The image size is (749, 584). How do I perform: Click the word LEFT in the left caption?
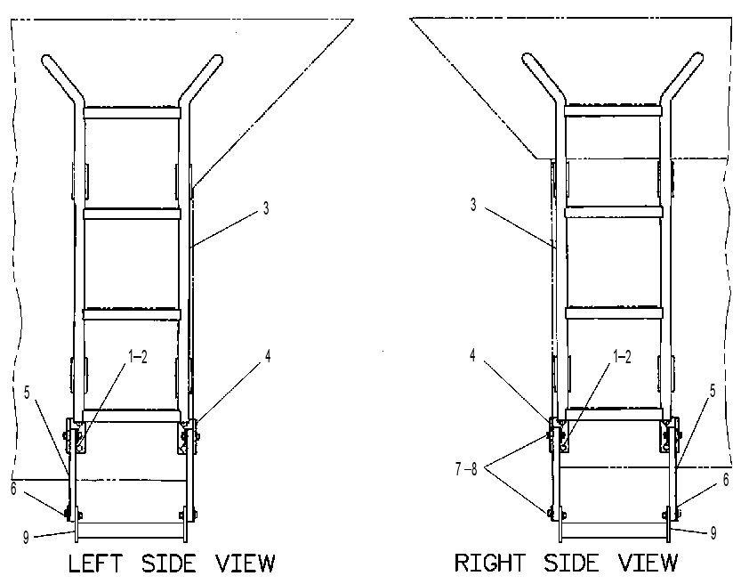coord(95,564)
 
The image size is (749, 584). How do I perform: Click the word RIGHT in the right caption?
coord(489,563)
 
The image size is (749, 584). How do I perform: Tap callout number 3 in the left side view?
coord(266,208)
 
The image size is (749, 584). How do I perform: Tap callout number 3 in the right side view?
coord(473,205)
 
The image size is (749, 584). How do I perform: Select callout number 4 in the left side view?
coord(268,356)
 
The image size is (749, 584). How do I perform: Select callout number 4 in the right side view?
coord(472,355)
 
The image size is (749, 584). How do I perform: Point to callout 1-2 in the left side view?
coord(138,356)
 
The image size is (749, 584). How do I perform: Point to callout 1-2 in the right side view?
coord(622,356)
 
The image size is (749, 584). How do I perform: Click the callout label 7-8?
coord(466,469)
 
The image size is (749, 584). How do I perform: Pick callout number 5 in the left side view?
coord(27,393)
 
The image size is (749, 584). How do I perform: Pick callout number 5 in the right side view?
coord(713,391)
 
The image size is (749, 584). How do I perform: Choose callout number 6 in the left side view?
coord(13,489)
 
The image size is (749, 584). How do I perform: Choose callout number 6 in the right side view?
coord(726,479)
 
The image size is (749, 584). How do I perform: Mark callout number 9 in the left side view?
coord(26,538)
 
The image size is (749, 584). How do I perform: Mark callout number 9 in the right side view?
coord(713,533)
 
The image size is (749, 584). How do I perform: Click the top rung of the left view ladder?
coord(132,113)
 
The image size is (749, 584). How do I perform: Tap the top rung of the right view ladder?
coord(613,111)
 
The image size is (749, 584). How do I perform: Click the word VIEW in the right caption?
coord(648,563)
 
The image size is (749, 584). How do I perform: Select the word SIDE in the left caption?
coord(169,564)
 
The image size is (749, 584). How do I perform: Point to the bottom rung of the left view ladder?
coord(132,416)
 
